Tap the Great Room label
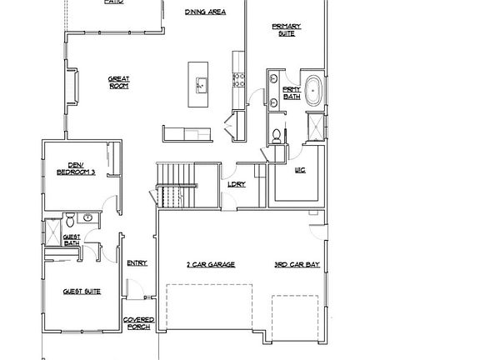tap(118, 82)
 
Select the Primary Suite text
tap(286, 31)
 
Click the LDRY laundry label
tap(236, 186)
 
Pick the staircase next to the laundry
tap(172, 185)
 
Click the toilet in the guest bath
tap(72, 220)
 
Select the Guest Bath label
tap(72, 240)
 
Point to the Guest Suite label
tap(81, 292)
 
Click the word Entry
tap(137, 263)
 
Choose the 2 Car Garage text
tap(210, 264)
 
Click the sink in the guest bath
tap(89, 218)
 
